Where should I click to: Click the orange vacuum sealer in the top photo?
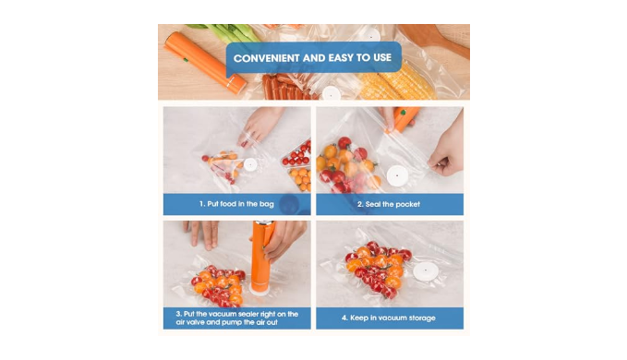pos(206,62)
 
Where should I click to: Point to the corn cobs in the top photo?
pos(395,81)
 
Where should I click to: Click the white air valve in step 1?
pos(250,164)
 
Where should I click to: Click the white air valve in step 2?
pos(397,175)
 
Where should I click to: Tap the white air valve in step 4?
pos(425,271)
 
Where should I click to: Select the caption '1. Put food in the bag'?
pos(236,204)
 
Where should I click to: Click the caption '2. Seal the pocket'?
pos(388,204)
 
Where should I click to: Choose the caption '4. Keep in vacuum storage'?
pos(388,318)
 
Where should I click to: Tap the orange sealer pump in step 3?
pos(263,258)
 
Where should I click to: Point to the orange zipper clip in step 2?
pos(403,118)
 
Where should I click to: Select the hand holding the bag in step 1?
pos(259,126)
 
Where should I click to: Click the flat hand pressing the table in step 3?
pos(202,234)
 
